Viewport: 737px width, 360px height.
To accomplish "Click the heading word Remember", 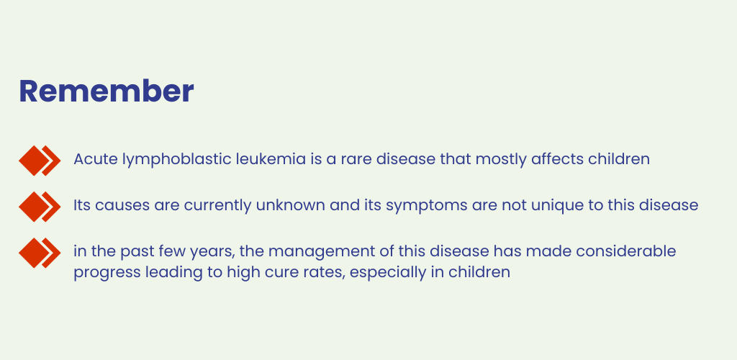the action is (x=107, y=91).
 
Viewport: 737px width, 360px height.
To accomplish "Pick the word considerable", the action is (x=626, y=251).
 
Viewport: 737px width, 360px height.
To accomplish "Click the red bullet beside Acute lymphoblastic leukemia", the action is (x=40, y=161).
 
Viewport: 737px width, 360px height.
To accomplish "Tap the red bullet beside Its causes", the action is (x=40, y=207).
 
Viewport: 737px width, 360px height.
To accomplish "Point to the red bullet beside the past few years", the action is (x=40, y=253).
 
